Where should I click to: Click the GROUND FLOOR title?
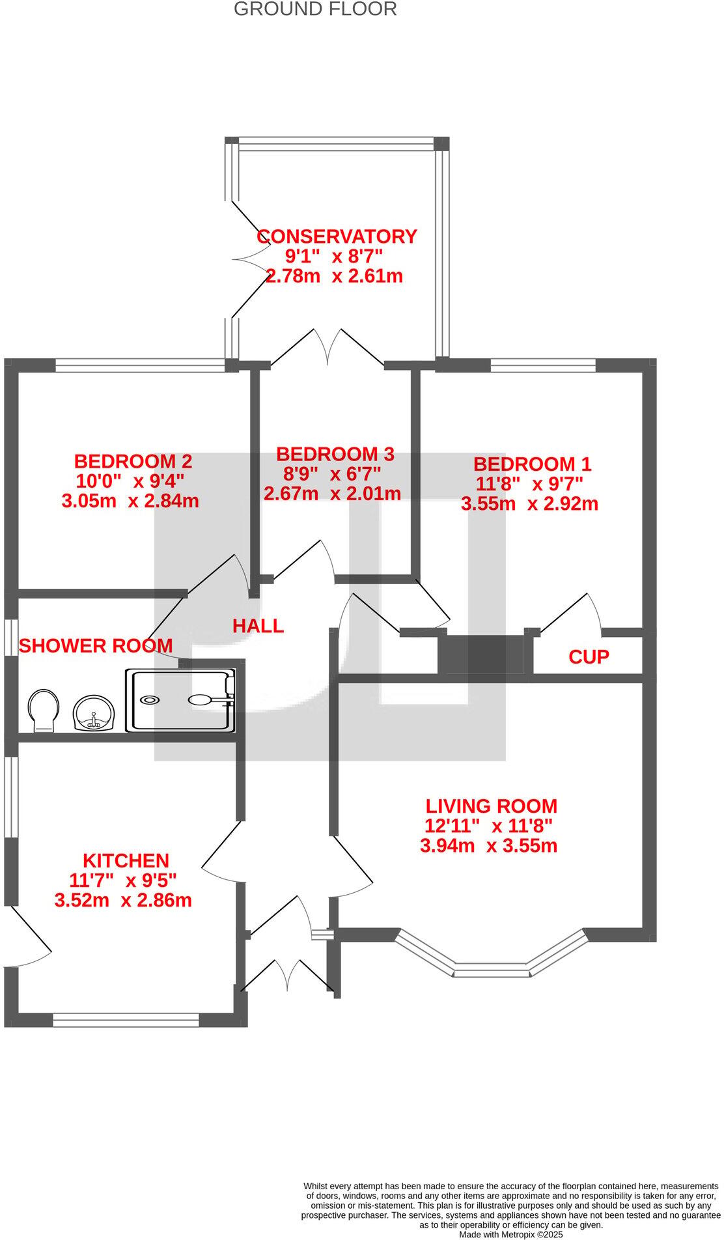(315, 9)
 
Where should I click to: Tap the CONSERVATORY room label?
(337, 236)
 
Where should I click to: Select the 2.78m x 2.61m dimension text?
(334, 276)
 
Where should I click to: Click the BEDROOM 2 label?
(133, 461)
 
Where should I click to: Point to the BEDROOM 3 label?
(335, 453)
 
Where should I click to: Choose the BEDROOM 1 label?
(532, 464)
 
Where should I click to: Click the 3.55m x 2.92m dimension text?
(529, 503)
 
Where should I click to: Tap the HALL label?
(258, 626)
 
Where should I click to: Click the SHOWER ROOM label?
(96, 646)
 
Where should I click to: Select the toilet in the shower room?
(43, 710)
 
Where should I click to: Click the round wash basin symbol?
(94, 713)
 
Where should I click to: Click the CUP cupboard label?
(589, 656)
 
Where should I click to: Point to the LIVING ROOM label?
(491, 806)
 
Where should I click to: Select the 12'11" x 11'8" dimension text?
(488, 826)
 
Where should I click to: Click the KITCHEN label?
(126, 860)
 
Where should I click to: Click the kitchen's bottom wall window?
(126, 1020)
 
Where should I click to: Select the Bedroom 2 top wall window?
(140, 366)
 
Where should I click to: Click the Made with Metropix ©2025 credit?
(510, 1234)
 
